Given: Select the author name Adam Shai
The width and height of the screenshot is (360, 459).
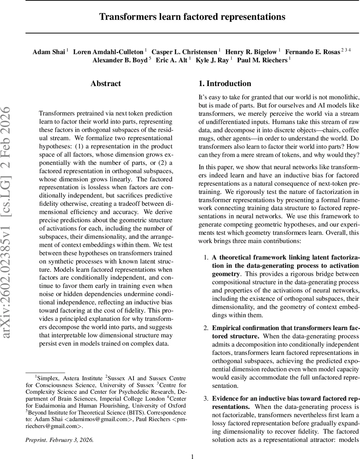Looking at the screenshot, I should click(49, 52).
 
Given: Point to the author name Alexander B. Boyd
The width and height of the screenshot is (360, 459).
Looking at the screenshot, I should click(120, 60).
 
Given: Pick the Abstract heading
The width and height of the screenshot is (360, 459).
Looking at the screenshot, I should click(105, 83).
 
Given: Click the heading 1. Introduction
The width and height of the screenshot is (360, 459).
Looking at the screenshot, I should click(225, 83).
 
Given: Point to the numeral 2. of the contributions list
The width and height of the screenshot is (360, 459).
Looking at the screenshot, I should click(206, 328).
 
